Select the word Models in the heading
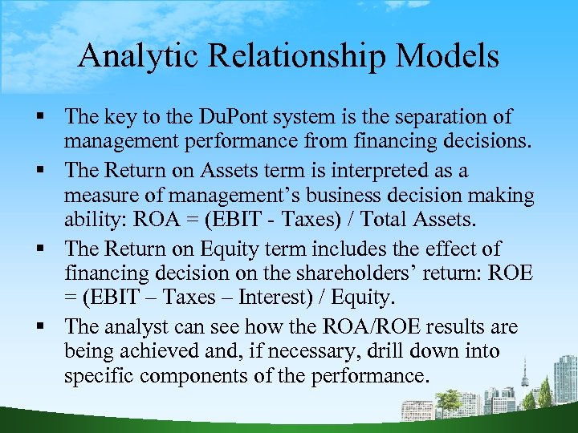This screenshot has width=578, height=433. click(455, 56)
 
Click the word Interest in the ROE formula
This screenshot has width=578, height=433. click(287, 297)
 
